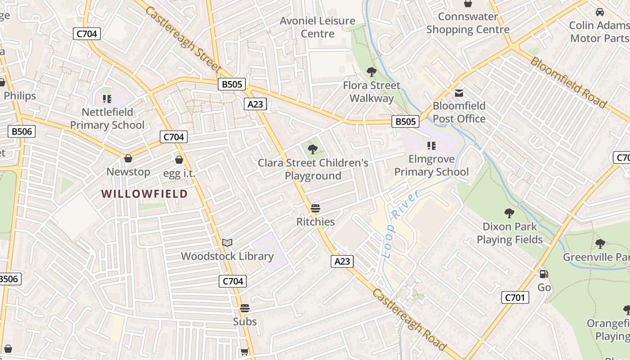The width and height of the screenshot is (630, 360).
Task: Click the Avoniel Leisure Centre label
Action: click(318, 27)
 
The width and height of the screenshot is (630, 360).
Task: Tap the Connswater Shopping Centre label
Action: click(468, 23)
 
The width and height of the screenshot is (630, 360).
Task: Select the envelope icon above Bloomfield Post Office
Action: click(459, 93)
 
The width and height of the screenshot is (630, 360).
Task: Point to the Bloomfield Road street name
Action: click(568, 82)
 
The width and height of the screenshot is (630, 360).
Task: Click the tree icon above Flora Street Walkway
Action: click(371, 72)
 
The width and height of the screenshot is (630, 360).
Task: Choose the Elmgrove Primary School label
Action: click(431, 165)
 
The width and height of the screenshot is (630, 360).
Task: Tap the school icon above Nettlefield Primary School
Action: click(107, 99)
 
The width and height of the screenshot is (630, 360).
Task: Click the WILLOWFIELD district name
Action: click(144, 194)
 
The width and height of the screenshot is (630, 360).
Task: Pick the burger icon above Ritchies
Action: click(315, 209)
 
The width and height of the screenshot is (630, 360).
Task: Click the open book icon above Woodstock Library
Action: click(227, 243)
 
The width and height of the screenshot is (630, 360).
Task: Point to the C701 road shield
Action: click(515, 297)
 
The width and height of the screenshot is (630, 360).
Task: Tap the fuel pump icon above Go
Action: click(544, 274)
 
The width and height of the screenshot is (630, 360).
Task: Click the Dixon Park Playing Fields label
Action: click(509, 233)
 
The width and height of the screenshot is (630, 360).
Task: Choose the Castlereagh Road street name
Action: click(409, 319)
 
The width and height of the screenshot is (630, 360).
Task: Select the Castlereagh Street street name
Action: click(184, 40)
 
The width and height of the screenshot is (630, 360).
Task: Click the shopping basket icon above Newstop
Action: click(128, 158)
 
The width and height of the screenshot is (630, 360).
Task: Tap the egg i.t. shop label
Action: click(179, 173)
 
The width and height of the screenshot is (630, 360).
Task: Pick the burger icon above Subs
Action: click(245, 308)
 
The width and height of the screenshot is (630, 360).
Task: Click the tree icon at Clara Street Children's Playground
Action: click(312, 148)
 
